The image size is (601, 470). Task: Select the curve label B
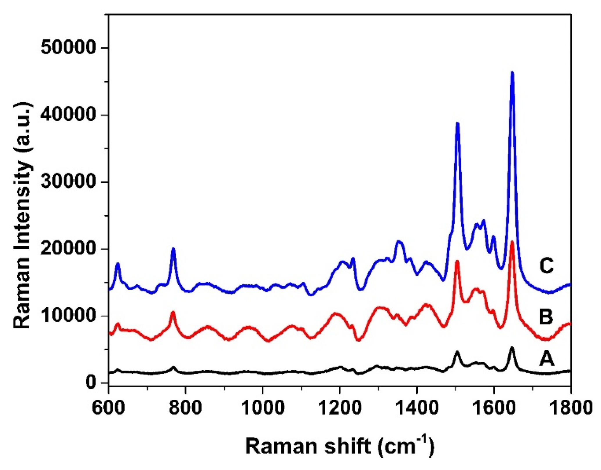pos(546,317)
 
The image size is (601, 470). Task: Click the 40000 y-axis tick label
pos(68,115)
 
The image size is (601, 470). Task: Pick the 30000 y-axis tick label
pos(68,182)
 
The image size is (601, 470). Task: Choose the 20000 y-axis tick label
pos(68,249)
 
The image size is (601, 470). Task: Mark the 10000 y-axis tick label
pos(68,316)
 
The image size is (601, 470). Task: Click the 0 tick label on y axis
pos(90,383)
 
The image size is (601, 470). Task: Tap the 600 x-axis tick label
pos(109,408)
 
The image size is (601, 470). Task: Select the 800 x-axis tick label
pos(186,408)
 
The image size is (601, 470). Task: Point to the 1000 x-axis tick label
pos(263,408)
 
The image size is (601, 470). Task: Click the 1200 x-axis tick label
pos(340,408)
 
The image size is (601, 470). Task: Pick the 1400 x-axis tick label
pos(417,408)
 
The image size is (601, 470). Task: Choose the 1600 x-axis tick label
pos(494,408)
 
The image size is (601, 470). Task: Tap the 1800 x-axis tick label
pos(571,408)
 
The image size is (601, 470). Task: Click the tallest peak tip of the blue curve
pos(512,72)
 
